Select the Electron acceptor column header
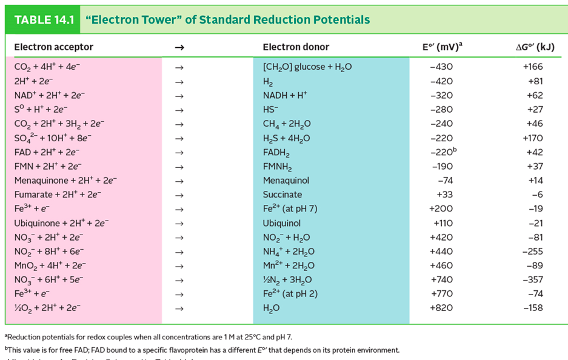tap(53, 47)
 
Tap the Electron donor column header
tap(296, 47)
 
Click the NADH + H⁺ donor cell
tap(285, 95)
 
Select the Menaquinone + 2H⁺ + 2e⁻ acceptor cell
tap(65, 181)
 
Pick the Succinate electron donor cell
tap(282, 195)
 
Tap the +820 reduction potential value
tap(441, 308)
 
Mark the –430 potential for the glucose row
tap(441, 67)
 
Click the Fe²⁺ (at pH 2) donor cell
tap(290, 294)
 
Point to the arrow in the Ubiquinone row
tap(178, 223)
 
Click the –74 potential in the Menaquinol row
tap(446, 181)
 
